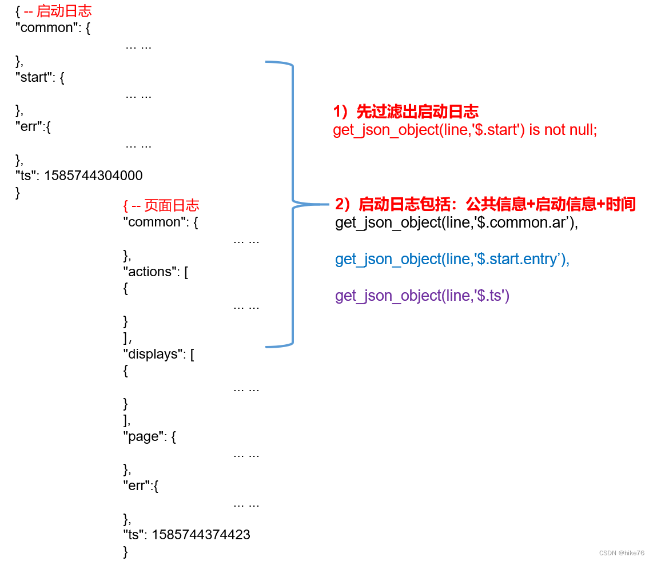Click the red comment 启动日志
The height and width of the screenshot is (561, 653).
click(63, 11)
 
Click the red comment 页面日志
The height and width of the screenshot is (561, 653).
click(172, 205)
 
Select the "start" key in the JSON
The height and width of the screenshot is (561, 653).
click(33, 77)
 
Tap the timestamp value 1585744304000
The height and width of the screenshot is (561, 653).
click(93, 176)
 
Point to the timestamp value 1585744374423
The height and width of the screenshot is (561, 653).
click(201, 535)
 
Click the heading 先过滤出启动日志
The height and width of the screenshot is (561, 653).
click(417, 112)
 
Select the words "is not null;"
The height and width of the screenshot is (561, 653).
click(563, 130)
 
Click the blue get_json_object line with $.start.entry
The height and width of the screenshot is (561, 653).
click(452, 259)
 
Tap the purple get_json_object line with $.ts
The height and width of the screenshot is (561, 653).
click(422, 296)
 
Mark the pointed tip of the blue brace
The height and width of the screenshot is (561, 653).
click(328, 204)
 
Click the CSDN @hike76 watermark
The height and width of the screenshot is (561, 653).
click(622, 553)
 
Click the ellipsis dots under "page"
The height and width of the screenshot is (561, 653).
click(246, 455)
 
